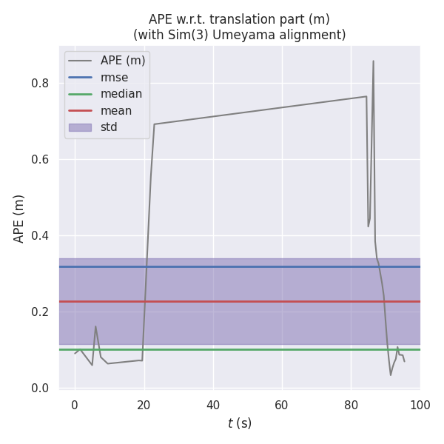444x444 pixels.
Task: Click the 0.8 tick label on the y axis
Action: pos(40,84)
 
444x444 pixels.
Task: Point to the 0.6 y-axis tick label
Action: pos(40,160)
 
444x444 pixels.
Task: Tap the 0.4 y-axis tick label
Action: pos(40,236)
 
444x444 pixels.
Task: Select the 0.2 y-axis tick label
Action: pos(40,312)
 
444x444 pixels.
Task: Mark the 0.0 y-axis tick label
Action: pos(40,388)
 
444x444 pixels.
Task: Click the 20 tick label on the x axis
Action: pos(144,405)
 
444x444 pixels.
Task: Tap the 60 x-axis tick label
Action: pos(282,405)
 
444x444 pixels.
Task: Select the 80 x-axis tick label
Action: pos(351,405)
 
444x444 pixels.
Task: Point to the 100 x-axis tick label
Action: pos(420,405)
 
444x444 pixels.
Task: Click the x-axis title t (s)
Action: pos(239,423)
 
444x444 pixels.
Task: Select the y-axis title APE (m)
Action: pos(19,218)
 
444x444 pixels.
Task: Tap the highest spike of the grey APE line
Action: pos(373,61)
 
